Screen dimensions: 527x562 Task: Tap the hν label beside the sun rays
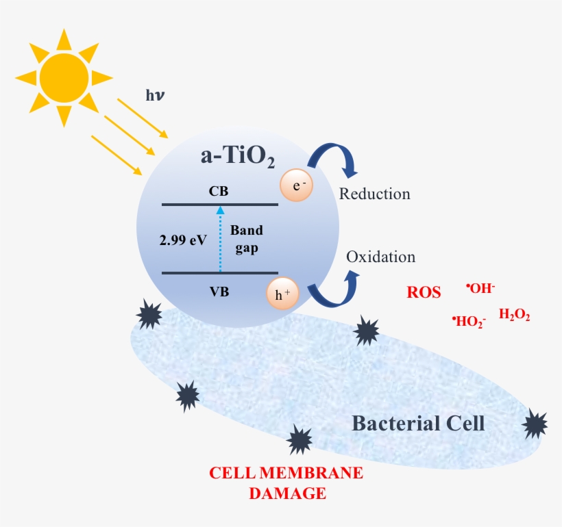(x=155, y=95)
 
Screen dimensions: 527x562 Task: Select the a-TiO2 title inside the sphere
(x=237, y=157)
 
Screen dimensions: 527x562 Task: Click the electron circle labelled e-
(x=296, y=185)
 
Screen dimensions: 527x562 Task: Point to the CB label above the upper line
(x=219, y=192)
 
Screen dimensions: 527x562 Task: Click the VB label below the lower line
(x=219, y=292)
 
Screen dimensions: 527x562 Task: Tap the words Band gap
(x=246, y=239)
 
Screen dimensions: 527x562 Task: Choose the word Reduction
(x=375, y=194)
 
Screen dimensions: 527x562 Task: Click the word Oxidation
(x=381, y=257)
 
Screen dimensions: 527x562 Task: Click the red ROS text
(x=424, y=292)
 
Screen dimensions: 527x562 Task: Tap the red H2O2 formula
(x=515, y=316)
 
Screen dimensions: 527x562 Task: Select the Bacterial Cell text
(x=418, y=423)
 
